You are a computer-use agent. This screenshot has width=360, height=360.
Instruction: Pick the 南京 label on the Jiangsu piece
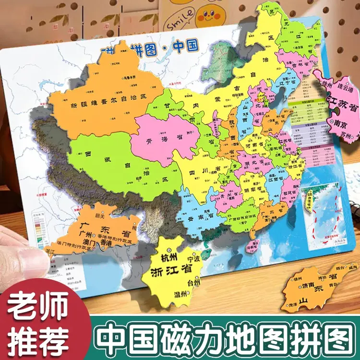(x=340, y=123)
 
